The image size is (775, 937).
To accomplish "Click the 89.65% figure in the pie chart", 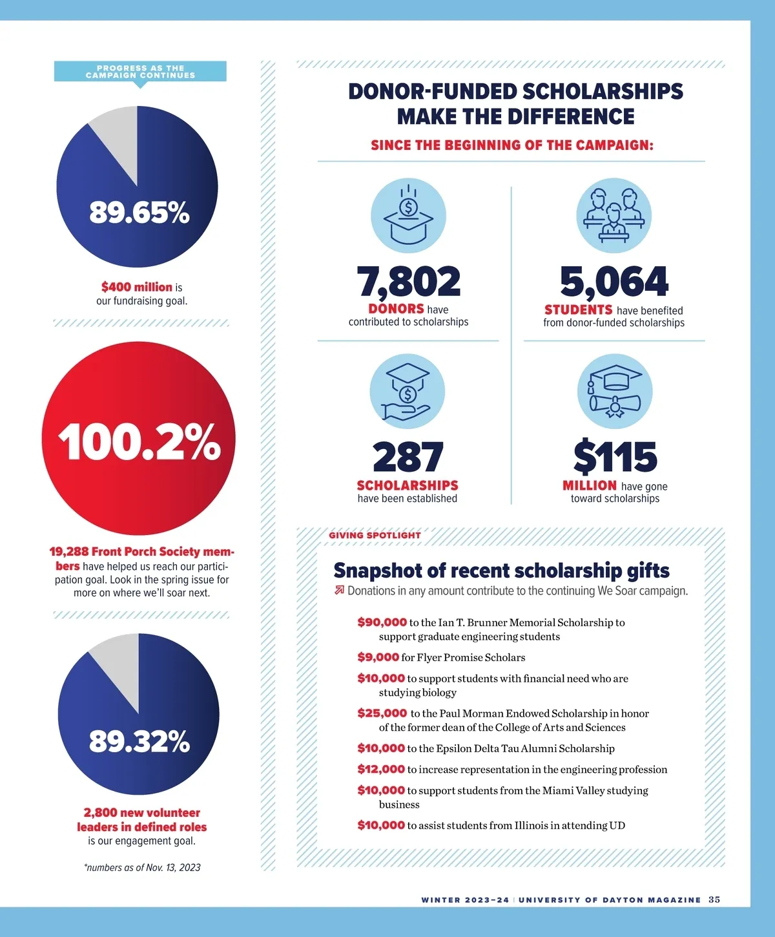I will click(x=139, y=212).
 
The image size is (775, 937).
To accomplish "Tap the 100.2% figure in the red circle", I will click(x=139, y=442).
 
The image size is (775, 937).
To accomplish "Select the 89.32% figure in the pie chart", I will click(x=139, y=741).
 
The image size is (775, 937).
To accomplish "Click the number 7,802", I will click(x=409, y=282).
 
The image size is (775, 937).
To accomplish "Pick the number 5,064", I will click(x=614, y=282).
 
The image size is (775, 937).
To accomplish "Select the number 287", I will click(x=408, y=458).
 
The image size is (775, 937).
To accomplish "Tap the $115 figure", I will click(x=615, y=458).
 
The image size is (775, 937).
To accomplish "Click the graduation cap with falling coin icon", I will click(x=408, y=216).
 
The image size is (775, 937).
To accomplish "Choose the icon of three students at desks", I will click(x=614, y=216).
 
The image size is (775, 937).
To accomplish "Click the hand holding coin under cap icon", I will click(x=407, y=392).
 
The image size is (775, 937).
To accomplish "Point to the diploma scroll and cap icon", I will click(x=615, y=392).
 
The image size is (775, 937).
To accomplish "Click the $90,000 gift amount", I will click(x=382, y=622).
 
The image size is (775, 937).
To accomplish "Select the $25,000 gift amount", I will click(x=382, y=713).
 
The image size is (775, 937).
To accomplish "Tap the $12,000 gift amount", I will click(x=381, y=769).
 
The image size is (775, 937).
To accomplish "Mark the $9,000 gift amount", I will click(x=378, y=657).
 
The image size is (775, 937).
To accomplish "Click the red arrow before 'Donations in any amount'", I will click(x=339, y=590).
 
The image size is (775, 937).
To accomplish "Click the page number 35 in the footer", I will click(x=714, y=900).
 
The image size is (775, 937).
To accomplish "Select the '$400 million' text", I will click(x=137, y=287).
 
